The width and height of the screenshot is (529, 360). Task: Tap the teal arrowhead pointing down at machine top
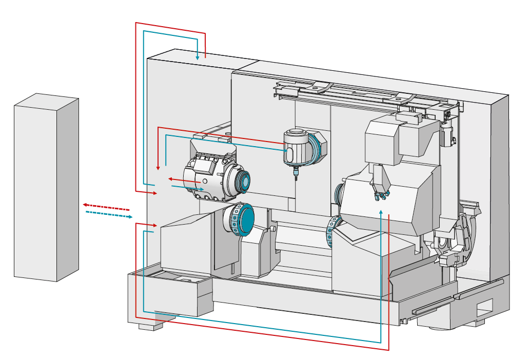(198, 57)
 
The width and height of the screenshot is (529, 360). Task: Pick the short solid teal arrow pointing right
(187, 188)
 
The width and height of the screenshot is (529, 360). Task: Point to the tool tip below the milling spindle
(296, 175)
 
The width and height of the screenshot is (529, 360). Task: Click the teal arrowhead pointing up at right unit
(381, 212)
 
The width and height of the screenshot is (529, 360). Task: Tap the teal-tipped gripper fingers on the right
(381, 194)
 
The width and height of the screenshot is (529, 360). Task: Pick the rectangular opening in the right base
(484, 311)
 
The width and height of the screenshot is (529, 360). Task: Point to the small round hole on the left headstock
(205, 181)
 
